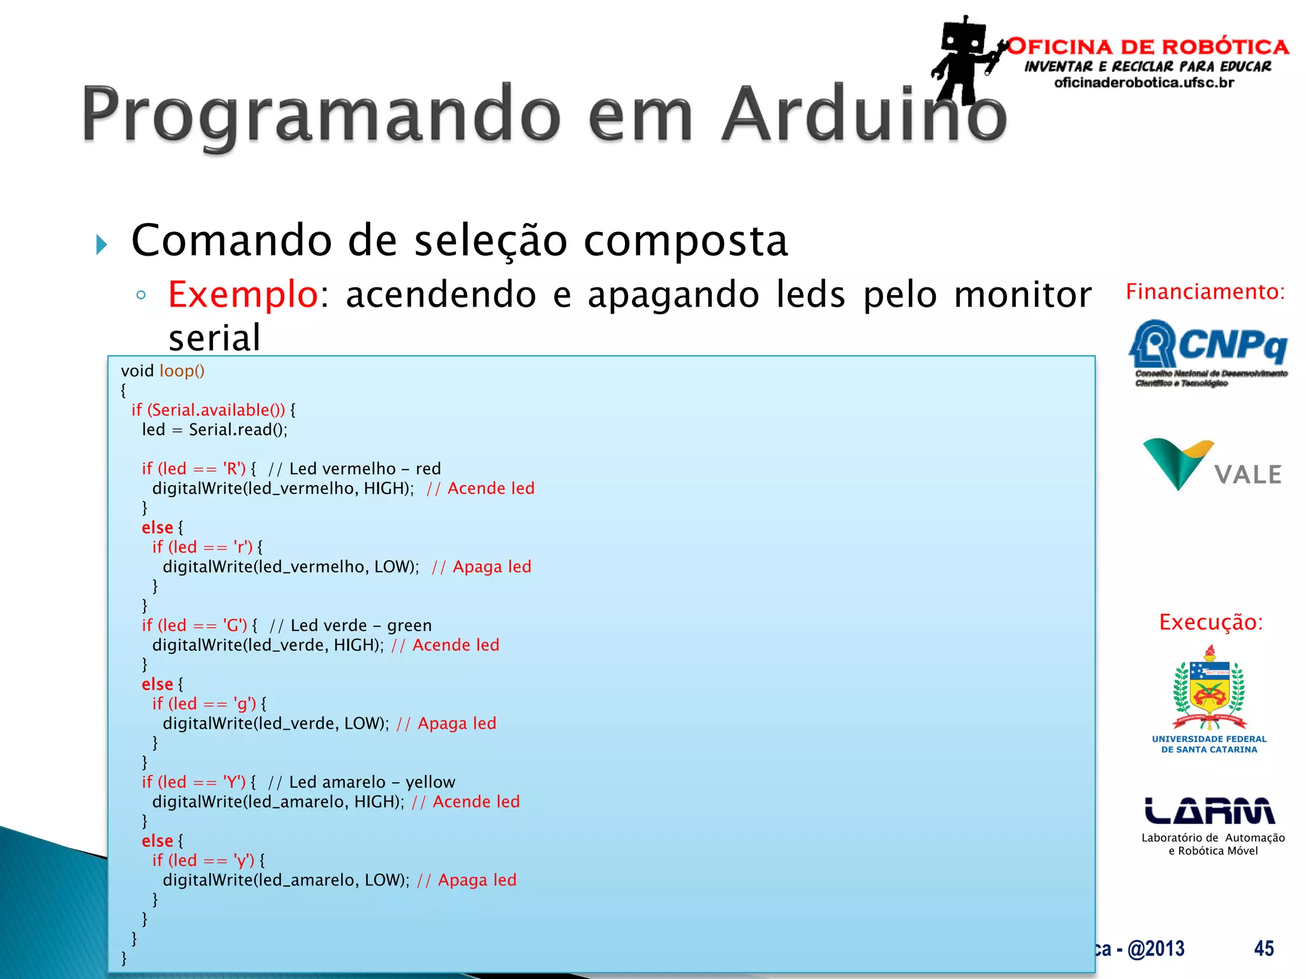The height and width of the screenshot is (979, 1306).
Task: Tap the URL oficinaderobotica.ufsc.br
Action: pyautogui.click(x=1144, y=83)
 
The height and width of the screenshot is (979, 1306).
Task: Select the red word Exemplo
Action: pyautogui.click(x=242, y=294)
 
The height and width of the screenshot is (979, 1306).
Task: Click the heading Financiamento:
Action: pyautogui.click(x=1205, y=292)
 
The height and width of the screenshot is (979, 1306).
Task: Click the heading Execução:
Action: pyautogui.click(x=1210, y=622)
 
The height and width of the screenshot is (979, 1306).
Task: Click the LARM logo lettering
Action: pyautogui.click(x=1209, y=811)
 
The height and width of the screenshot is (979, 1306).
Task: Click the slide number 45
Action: pyautogui.click(x=1263, y=948)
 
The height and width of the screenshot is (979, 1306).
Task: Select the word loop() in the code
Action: pyautogui.click(x=182, y=371)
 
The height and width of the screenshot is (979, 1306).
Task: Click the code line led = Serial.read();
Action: pyautogui.click(x=214, y=430)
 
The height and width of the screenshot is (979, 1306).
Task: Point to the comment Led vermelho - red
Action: pyautogui.click(x=365, y=469)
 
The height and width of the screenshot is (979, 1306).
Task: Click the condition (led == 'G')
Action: pyautogui.click(x=202, y=625)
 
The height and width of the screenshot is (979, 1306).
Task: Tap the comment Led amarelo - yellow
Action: pyautogui.click(x=372, y=782)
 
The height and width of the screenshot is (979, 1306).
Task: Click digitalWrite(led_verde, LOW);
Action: pyautogui.click(x=275, y=723)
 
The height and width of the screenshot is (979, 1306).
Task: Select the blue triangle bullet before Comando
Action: pyautogui.click(x=101, y=244)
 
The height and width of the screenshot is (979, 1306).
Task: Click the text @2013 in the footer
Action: pyautogui.click(x=1156, y=948)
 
